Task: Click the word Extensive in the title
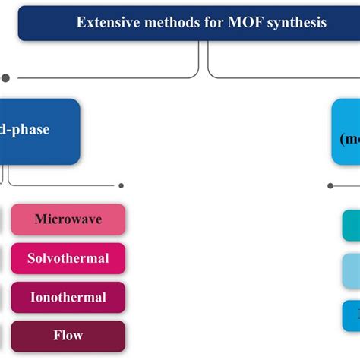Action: [x=105, y=22]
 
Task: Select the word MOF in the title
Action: [x=237, y=22]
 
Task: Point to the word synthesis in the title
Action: [x=292, y=22]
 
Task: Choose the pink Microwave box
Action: [x=68, y=219]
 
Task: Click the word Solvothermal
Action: [x=68, y=258]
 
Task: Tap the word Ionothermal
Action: [x=68, y=297]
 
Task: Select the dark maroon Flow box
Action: [x=68, y=336]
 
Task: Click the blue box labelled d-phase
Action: [x=38, y=131]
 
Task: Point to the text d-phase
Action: [x=24, y=130]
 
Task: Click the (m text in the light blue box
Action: [x=349, y=140]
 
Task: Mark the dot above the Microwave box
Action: [x=121, y=185]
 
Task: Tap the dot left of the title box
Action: [x=6, y=77]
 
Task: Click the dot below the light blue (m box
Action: [x=330, y=185]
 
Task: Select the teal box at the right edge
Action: [x=351, y=226]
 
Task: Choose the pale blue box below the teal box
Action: [x=351, y=270]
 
